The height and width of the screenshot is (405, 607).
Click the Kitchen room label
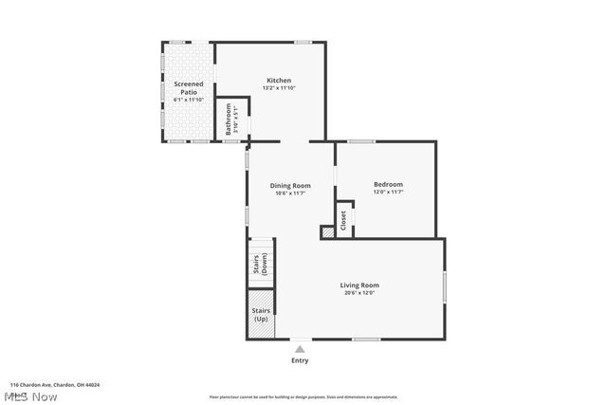[278, 81]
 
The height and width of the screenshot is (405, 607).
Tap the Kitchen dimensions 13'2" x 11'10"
[278, 89]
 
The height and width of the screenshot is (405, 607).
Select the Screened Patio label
[188, 88]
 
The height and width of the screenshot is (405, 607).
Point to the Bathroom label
[228, 125]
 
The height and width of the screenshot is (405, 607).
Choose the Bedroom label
[388, 184]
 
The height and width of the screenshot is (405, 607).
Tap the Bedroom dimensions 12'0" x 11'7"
[388, 193]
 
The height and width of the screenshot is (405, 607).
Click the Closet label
[343, 220]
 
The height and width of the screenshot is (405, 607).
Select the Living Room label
[359, 285]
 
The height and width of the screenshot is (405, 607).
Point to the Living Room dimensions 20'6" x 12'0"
[359, 293]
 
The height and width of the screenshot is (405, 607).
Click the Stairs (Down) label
[260, 266]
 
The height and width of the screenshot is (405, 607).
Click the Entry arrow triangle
[300, 349]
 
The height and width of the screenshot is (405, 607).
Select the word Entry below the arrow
[300, 360]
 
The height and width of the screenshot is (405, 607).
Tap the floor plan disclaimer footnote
[303, 397]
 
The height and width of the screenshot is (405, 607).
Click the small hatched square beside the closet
[327, 230]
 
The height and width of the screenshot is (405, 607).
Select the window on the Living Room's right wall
[445, 286]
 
